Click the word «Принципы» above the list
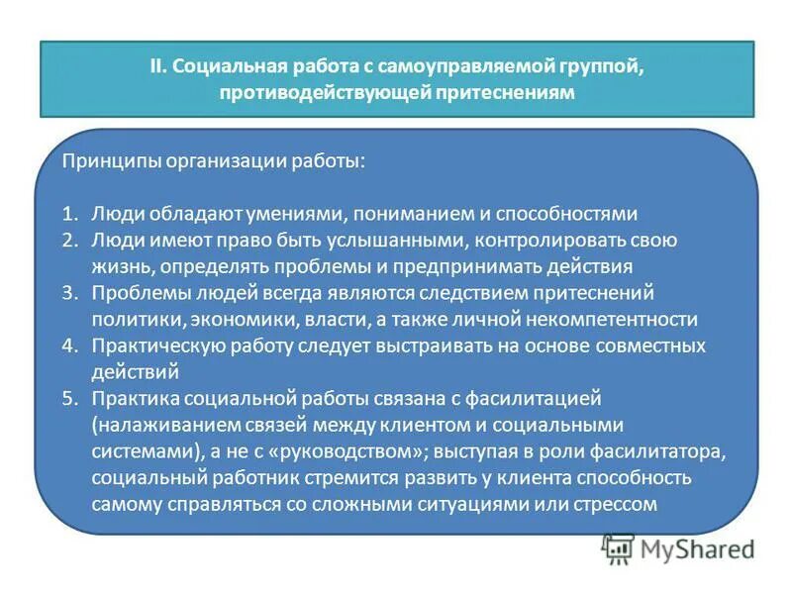[105, 160]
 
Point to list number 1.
[69, 213]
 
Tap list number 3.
[69, 293]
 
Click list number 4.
[69, 346]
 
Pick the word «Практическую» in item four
[150, 346]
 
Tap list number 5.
[69, 399]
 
